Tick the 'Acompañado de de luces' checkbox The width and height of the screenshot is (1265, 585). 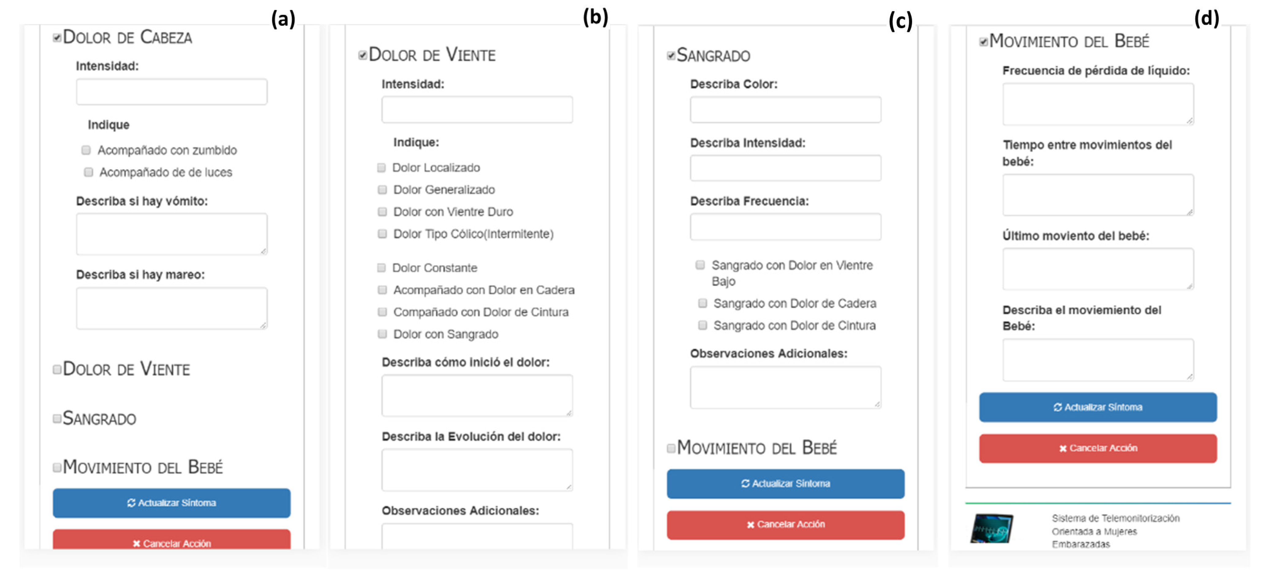point(88,172)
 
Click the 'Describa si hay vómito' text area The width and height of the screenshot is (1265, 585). point(171,234)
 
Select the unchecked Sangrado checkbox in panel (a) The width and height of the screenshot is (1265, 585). point(57,418)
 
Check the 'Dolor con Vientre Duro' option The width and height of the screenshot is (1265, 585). point(382,212)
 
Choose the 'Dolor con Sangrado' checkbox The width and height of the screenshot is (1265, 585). point(382,334)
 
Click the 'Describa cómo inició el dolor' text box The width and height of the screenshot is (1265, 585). point(477,395)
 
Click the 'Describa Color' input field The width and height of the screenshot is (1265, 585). point(785,110)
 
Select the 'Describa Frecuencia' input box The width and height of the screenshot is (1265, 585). point(785,227)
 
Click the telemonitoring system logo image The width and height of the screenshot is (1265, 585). point(991,528)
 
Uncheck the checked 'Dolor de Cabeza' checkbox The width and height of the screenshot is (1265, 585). point(57,37)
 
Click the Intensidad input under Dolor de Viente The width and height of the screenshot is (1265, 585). point(477,110)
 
